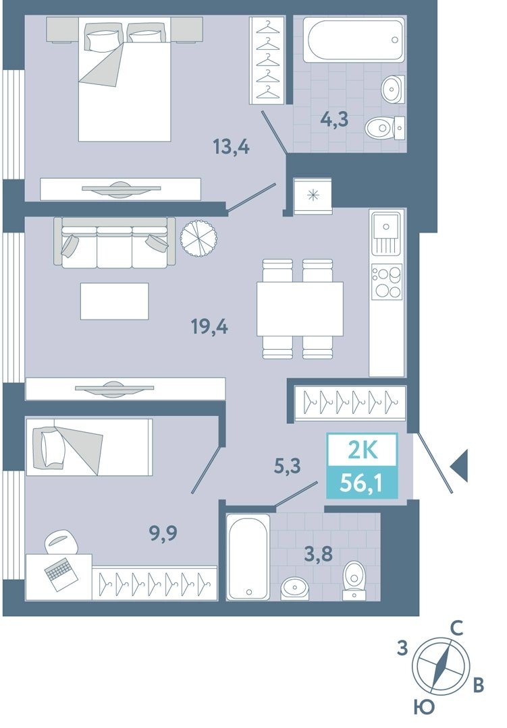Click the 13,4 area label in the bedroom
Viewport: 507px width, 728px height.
click(x=231, y=147)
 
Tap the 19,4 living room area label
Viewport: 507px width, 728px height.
click(x=209, y=327)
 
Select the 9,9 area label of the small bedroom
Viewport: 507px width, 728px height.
click(x=163, y=533)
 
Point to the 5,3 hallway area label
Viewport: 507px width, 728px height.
click(x=287, y=465)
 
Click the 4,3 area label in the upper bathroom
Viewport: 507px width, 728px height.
click(x=334, y=120)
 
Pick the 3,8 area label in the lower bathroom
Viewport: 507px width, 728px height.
click(x=319, y=553)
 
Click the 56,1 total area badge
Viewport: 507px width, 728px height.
click(x=362, y=483)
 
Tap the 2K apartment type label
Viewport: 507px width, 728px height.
click(x=363, y=450)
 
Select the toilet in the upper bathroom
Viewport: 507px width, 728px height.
click(x=384, y=127)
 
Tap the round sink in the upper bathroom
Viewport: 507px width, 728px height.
click(x=393, y=89)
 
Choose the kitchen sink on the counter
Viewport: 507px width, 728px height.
click(x=386, y=232)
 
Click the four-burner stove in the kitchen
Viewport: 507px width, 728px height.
click(x=387, y=281)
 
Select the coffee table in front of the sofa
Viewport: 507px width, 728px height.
click(x=114, y=301)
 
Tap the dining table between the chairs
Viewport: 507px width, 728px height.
click(x=300, y=309)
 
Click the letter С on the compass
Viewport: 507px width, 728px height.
click(x=456, y=628)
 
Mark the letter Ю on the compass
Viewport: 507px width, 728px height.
click(x=423, y=708)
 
